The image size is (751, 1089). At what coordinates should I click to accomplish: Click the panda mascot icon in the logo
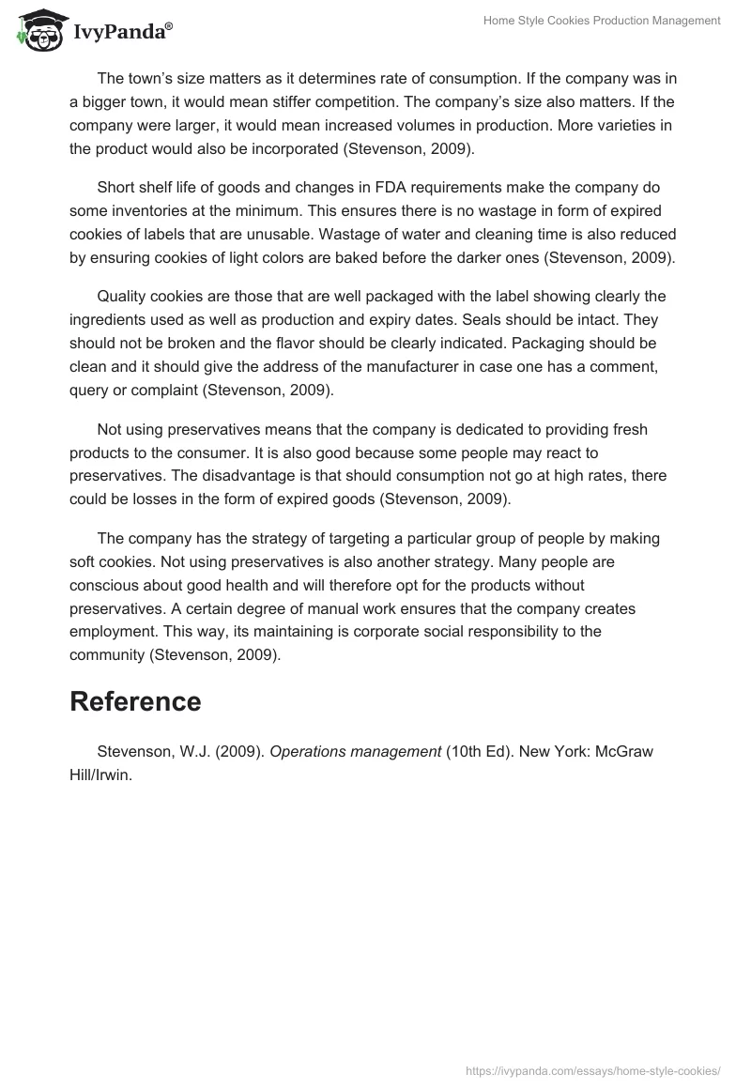click(x=35, y=31)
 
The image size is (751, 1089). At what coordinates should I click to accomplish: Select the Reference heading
click(x=135, y=701)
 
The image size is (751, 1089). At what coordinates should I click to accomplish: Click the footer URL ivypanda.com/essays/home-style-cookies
click(x=593, y=1069)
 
